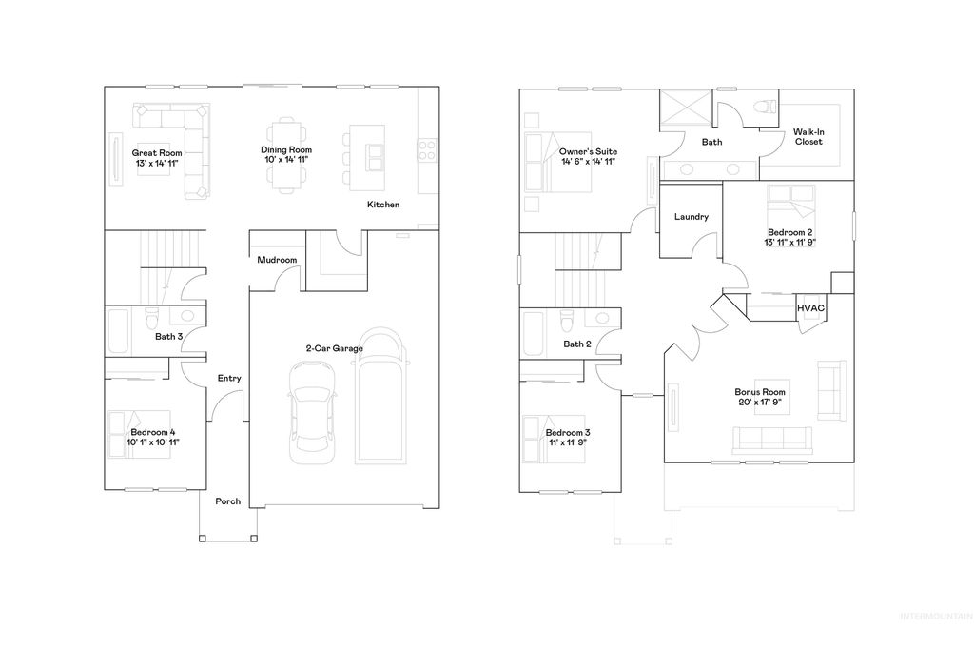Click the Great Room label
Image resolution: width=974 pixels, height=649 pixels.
[x=157, y=152]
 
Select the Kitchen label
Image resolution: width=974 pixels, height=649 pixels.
[x=383, y=205]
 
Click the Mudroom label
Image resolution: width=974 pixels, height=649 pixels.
[x=277, y=260]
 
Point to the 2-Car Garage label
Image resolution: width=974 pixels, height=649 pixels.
[x=334, y=349]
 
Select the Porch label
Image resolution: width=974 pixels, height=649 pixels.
[x=228, y=501]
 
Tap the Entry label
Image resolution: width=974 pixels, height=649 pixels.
[x=229, y=378]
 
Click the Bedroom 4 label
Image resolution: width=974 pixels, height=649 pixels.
[x=154, y=432]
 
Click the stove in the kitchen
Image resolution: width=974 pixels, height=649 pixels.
[x=427, y=148]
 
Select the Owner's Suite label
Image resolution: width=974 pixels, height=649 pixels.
[x=588, y=152]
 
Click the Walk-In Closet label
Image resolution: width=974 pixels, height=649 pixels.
[x=808, y=136]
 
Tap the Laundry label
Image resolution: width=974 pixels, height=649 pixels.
[x=691, y=217]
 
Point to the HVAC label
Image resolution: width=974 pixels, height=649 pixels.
[x=810, y=308]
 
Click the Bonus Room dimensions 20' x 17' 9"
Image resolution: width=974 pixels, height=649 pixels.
[x=760, y=403]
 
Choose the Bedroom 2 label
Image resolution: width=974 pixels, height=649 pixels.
[x=789, y=232]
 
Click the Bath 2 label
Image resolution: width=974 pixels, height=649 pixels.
[x=577, y=344]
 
